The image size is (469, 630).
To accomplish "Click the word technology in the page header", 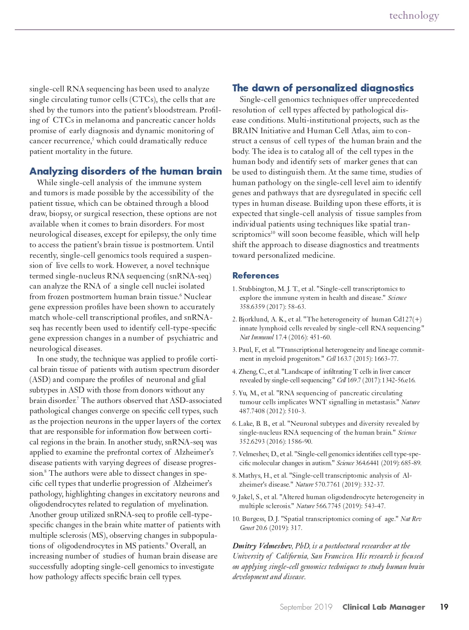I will coord(414,16).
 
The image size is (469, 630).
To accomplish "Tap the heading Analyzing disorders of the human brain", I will coord(125,171).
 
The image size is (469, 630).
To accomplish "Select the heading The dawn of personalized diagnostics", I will coord(323,88).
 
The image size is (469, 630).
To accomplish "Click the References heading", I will coord(256,275).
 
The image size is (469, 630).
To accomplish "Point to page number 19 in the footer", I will coord(444,607).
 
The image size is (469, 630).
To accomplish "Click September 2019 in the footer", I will coord(306,607).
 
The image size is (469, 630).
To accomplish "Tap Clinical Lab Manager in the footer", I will coord(383,607).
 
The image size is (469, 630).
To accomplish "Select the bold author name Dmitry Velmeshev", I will coord(262,546).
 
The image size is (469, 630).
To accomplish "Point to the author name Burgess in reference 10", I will coord(254,519).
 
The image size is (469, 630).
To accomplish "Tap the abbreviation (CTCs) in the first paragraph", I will coord(143,100).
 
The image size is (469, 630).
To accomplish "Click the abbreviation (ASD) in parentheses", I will coord(40,380).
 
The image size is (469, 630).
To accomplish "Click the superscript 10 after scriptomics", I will coord(273,232).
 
